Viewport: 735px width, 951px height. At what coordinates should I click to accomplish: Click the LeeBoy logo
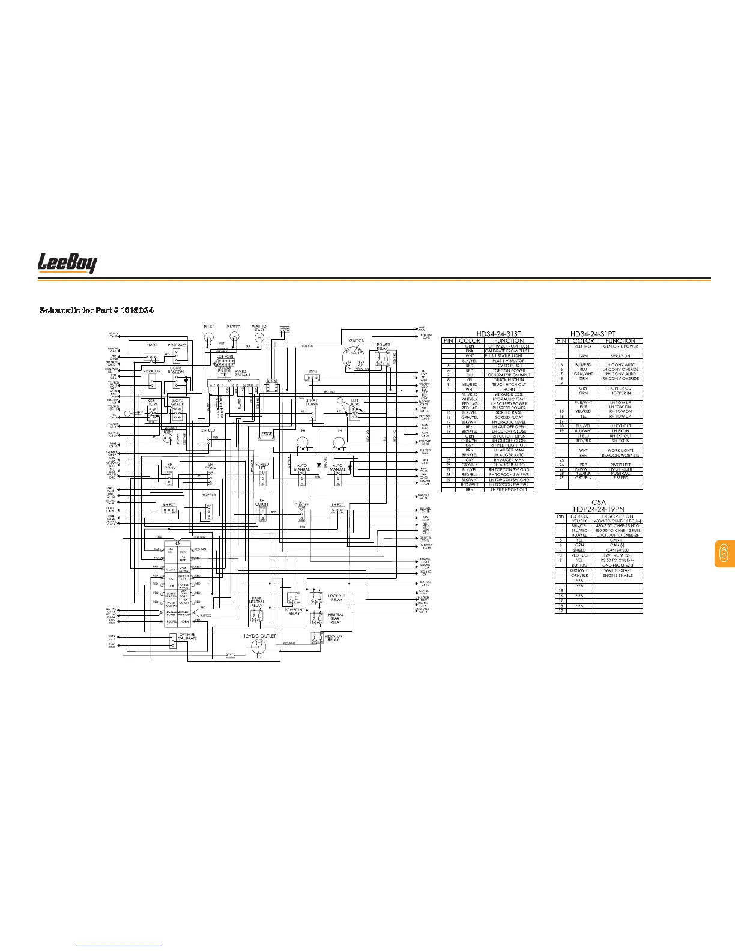(67, 264)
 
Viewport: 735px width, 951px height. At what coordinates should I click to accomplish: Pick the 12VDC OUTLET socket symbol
(259, 645)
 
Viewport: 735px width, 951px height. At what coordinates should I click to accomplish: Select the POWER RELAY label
(383, 346)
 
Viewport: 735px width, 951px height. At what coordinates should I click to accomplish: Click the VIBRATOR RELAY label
(333, 638)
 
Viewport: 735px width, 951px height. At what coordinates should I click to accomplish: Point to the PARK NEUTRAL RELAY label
(256, 602)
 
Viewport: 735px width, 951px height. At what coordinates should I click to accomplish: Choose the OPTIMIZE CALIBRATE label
(187, 636)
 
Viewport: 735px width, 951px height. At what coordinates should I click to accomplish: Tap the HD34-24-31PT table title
(598, 333)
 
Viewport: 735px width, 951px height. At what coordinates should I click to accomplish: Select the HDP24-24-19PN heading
(599, 509)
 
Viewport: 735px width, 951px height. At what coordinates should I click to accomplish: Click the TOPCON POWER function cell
(509, 370)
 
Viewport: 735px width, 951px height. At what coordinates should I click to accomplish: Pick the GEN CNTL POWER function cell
(620, 346)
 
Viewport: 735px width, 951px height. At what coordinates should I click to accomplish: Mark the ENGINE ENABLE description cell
(617, 575)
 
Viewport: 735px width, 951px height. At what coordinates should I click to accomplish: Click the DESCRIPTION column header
(617, 516)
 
